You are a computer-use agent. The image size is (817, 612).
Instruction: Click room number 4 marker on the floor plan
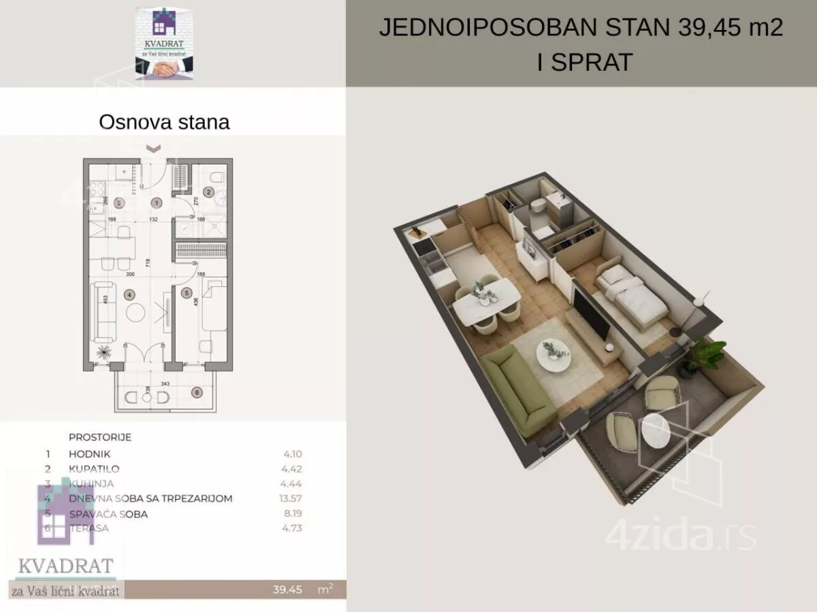129,294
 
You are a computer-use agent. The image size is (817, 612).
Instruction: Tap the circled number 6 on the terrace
197,392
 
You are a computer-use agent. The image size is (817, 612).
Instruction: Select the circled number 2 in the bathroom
210,192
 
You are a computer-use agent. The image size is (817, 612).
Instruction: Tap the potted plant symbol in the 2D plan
104,352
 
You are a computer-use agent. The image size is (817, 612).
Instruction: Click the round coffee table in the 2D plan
135,312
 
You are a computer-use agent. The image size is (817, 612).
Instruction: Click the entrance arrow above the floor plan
155,148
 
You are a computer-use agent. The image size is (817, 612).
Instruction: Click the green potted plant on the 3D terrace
707,353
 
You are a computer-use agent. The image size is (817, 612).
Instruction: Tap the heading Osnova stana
164,122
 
